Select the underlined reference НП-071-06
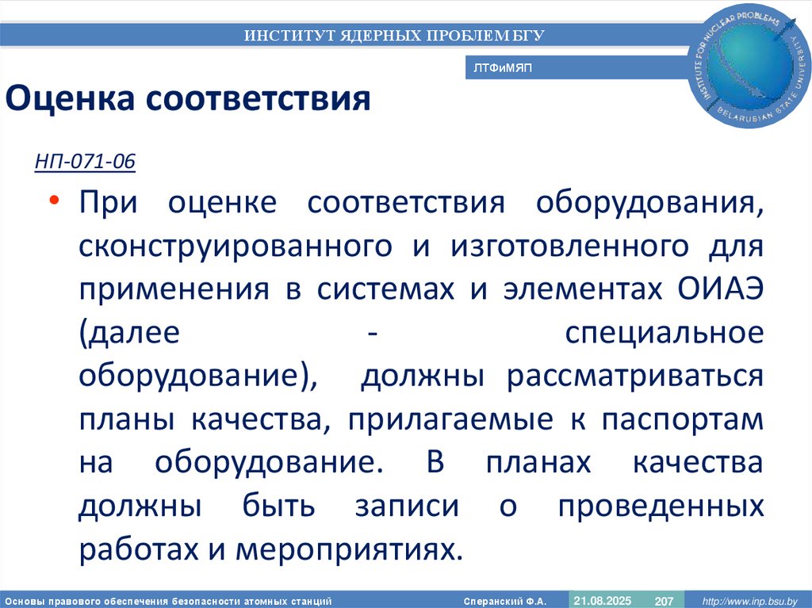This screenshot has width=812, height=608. (85, 163)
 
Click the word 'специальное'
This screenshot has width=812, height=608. (665, 333)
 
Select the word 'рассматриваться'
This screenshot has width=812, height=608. (636, 377)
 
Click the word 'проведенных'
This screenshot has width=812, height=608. (661, 506)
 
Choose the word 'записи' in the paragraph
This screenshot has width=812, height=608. (407, 506)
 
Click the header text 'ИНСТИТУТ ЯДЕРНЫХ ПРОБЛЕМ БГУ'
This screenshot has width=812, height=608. (394, 35)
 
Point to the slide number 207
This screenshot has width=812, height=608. (664, 602)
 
